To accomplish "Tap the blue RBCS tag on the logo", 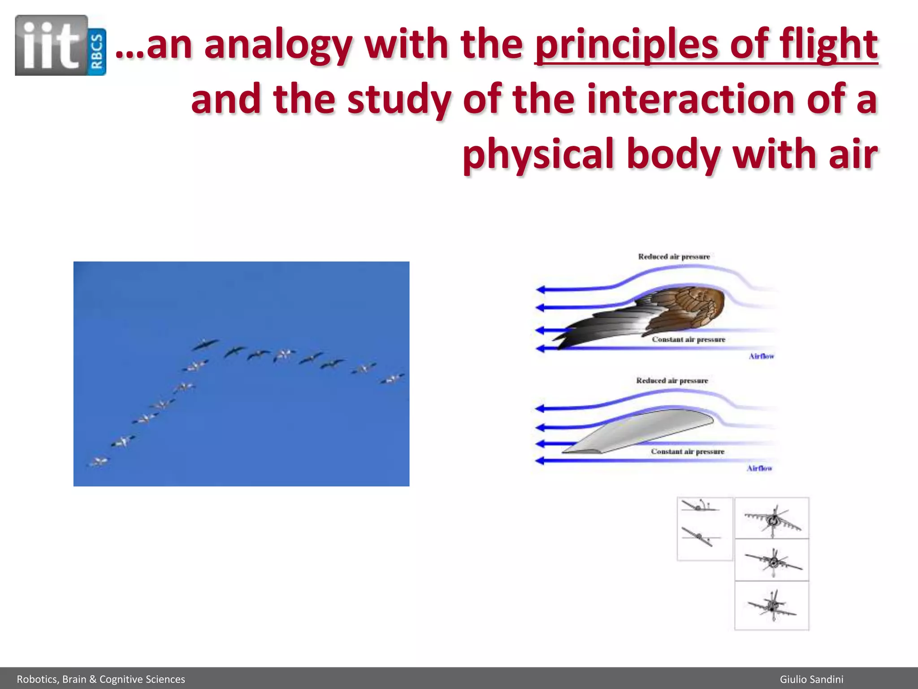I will [98, 52].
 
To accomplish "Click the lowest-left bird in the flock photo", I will [100, 461].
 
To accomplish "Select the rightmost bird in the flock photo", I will [393, 379].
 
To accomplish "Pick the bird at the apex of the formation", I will [205, 344].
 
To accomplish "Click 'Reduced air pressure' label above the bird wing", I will [674, 257].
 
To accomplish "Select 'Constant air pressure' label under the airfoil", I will [688, 452].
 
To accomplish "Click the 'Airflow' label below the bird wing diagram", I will [761, 356].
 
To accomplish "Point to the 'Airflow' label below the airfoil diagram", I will [759, 468].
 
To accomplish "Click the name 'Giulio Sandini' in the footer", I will [811, 679].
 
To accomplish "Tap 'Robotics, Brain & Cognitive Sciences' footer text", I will [101, 679].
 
